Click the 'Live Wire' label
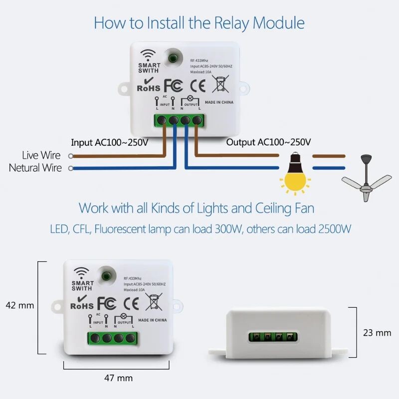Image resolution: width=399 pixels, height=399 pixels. point(41,156)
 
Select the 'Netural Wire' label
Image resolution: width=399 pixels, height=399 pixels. point(35,168)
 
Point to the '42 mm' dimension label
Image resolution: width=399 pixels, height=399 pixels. point(19,305)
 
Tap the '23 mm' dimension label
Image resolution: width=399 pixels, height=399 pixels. point(377,332)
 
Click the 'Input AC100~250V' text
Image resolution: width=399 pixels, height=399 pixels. point(109,142)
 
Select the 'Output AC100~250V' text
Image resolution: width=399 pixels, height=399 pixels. point(268,142)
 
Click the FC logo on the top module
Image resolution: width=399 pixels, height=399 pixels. point(174,85)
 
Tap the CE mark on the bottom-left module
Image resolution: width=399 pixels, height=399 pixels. point(131,302)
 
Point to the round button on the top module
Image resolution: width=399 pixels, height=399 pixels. point(173,58)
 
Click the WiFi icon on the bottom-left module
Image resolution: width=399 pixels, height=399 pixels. point(81,273)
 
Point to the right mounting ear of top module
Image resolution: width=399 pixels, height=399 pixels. point(243,89)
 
